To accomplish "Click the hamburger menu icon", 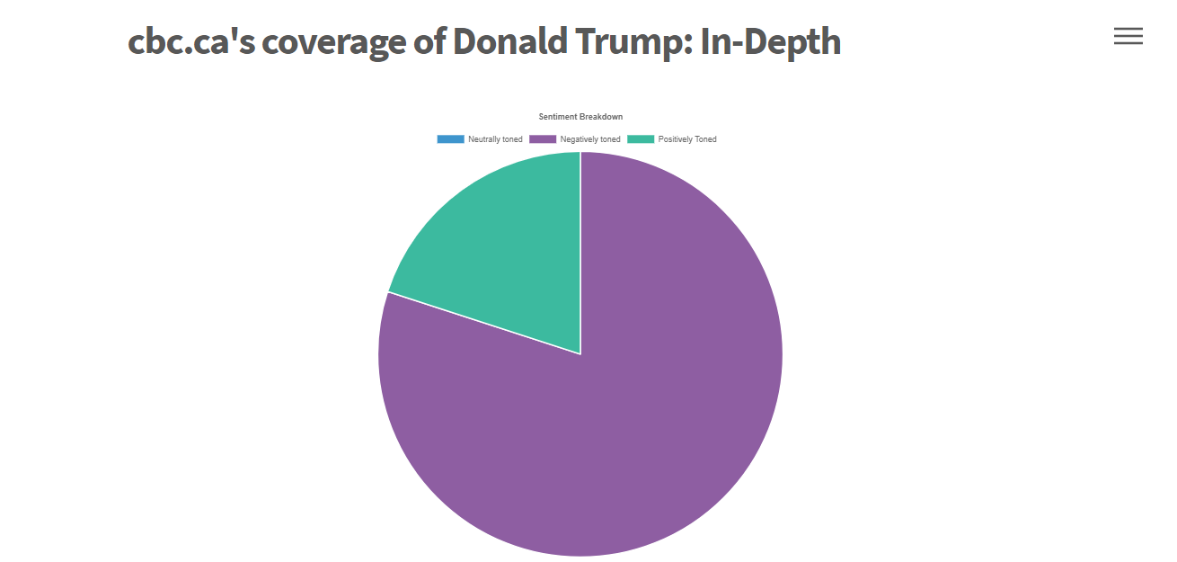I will click(1128, 36).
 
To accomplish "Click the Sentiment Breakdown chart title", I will click(580, 117).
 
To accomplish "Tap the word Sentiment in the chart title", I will click(559, 117).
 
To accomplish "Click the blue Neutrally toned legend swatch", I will click(450, 139).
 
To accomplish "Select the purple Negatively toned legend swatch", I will click(543, 139).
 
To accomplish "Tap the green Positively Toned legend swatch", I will click(641, 139).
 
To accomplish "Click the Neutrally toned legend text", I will click(495, 139).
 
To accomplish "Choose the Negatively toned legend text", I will click(590, 139).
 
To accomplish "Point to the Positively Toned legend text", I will click(687, 139).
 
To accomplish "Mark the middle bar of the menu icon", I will click(1128, 36).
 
